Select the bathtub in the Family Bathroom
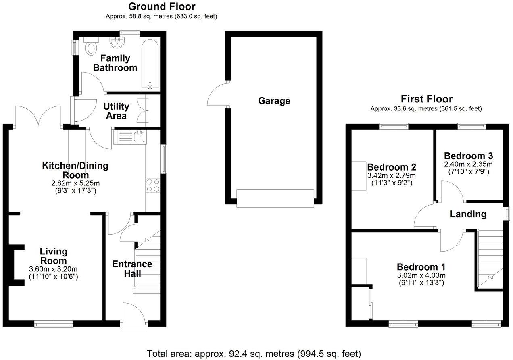point(150,65)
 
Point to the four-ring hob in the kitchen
point(153,185)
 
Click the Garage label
point(274,100)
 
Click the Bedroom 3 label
point(468,156)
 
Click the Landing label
point(468,214)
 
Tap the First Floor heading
point(426,99)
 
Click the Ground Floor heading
point(162,6)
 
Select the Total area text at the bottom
point(254,354)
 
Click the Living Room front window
point(54,323)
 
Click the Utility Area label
point(116,111)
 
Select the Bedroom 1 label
point(421,267)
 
